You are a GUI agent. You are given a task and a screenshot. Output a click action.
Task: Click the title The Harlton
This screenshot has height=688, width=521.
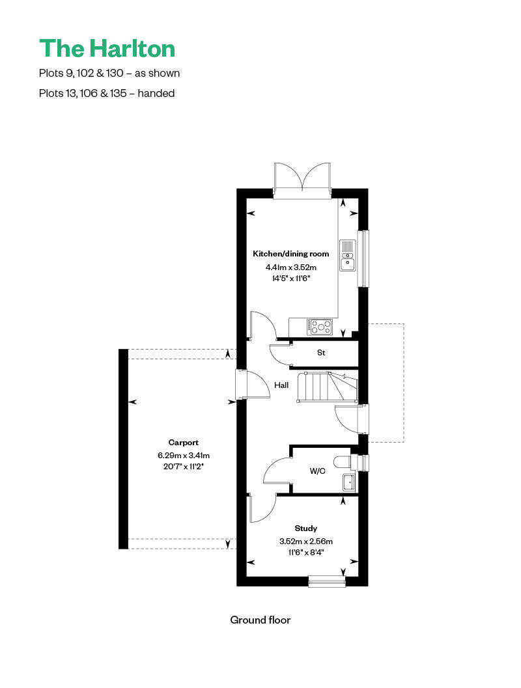pyautogui.click(x=107, y=48)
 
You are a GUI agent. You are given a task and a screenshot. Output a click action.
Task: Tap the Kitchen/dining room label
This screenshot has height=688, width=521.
pyautogui.click(x=291, y=254)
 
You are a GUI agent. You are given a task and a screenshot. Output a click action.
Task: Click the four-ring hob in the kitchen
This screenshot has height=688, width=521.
pyautogui.click(x=320, y=327)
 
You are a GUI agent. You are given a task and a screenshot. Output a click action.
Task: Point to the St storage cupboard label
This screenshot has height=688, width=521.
pyautogui.click(x=321, y=353)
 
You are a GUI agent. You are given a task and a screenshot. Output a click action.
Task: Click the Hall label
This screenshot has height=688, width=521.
pyautogui.click(x=281, y=385)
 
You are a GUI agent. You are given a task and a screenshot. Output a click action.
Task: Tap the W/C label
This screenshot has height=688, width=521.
pyautogui.click(x=317, y=471)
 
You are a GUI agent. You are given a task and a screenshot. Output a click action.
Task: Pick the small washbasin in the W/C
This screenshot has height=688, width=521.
pyautogui.click(x=348, y=482)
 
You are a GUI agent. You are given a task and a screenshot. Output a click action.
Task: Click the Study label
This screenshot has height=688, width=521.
pyautogui.click(x=305, y=529)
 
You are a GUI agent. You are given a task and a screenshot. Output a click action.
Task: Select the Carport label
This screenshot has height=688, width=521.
pyautogui.click(x=183, y=442)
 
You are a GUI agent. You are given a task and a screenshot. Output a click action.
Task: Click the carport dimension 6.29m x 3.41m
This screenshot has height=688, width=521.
pyautogui.click(x=183, y=455)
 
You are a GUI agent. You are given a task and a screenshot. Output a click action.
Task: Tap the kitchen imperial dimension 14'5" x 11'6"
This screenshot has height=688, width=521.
pyautogui.click(x=291, y=278)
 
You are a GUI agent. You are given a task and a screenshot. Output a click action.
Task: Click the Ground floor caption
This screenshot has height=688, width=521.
pyautogui.click(x=260, y=620)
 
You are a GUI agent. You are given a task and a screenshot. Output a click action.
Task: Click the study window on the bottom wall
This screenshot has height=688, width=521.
pyautogui.click(x=326, y=581)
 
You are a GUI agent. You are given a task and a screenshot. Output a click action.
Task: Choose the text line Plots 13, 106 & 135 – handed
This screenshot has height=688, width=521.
pyautogui.click(x=107, y=93)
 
